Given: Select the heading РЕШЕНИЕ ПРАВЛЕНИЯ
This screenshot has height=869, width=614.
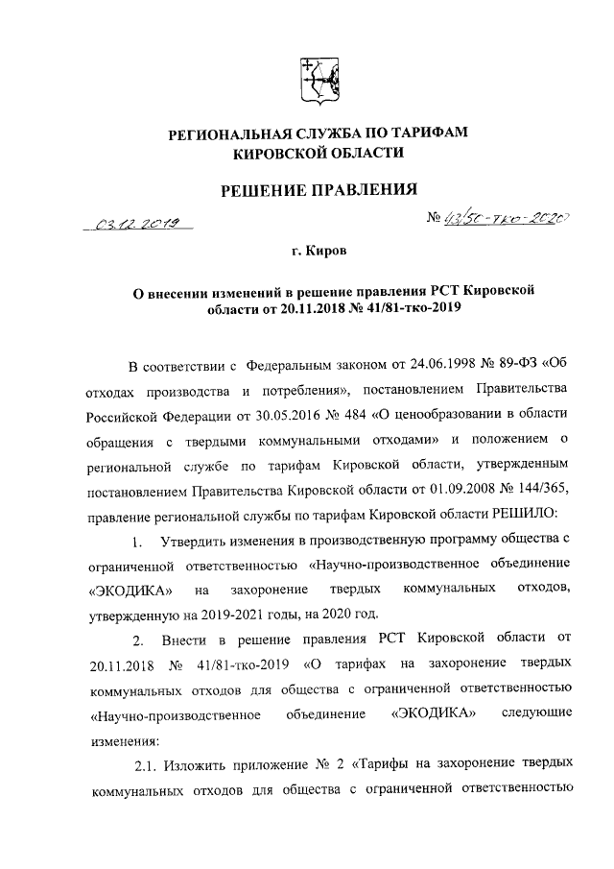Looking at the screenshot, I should pos(307,189).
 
